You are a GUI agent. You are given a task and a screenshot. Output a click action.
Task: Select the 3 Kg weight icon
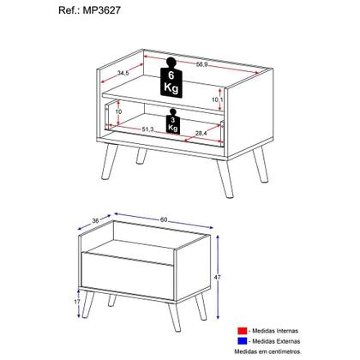(x=174, y=123)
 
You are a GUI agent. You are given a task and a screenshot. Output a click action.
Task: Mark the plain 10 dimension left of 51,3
(x=118, y=111)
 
